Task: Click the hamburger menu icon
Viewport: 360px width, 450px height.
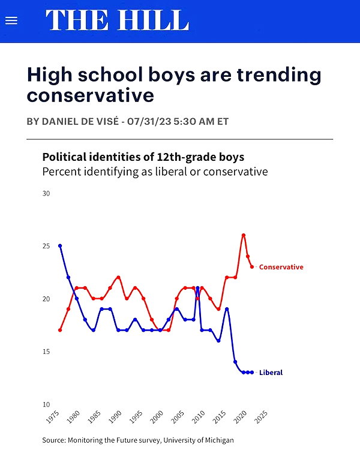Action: coord(11,20)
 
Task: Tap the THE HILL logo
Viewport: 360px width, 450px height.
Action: coord(117,20)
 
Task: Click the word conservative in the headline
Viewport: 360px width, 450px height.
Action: coord(91,95)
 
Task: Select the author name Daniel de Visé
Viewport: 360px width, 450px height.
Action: coord(80,121)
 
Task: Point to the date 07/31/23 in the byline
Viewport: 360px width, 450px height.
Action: coord(149,121)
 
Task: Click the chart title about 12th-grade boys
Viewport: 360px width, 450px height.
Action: coord(143,157)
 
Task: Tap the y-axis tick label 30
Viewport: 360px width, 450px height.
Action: coord(46,193)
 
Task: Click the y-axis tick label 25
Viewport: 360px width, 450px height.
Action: coord(46,246)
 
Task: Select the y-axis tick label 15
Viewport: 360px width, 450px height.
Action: coord(46,352)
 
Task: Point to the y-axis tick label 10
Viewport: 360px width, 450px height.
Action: coord(46,404)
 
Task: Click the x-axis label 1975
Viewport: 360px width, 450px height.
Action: coord(53,417)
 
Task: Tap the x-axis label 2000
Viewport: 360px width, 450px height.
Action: coord(157,417)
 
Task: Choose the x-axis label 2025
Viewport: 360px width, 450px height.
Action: coord(260,417)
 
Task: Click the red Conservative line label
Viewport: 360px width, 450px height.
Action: coord(281,267)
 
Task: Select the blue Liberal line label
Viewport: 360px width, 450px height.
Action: coord(271,373)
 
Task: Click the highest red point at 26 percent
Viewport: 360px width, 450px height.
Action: coord(244,235)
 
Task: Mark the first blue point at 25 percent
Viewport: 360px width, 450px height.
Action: coord(60,245)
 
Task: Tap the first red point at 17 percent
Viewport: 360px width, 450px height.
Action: coord(60,330)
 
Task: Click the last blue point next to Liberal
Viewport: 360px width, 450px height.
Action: coord(252,373)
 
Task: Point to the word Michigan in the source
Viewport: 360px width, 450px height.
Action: coord(220,440)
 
